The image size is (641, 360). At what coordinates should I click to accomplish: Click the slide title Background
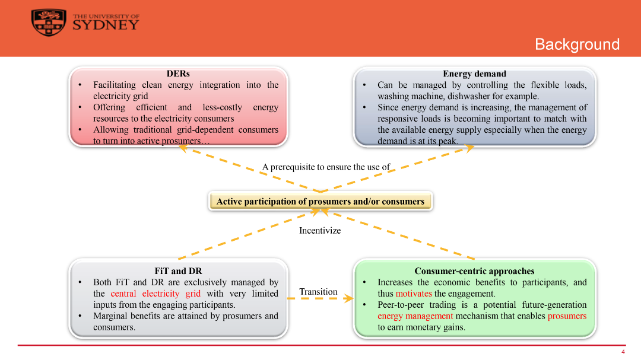pos(577,44)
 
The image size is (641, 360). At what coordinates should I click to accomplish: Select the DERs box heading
pos(178,74)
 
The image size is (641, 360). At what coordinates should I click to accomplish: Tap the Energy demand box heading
pos(474,74)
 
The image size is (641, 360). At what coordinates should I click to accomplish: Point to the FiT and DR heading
pos(178,271)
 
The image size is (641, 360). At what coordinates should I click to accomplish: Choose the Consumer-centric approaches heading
pos(474,271)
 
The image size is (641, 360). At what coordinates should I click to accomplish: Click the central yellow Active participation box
pos(320,202)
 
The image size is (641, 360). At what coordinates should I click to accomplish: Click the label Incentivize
pos(320,231)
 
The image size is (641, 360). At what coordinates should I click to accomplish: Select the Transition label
pos(318,292)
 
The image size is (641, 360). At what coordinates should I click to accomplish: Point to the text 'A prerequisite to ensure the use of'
pos(326,167)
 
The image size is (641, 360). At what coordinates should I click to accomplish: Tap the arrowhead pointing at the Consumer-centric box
pos(349,299)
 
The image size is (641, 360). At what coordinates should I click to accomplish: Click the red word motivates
pos(414,294)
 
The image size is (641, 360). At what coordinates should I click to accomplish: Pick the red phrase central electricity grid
pos(156,294)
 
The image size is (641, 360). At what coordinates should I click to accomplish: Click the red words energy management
pos(415,316)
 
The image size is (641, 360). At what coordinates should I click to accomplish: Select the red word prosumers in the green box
pos(567,316)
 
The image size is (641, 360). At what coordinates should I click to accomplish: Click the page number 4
pos(623,352)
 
